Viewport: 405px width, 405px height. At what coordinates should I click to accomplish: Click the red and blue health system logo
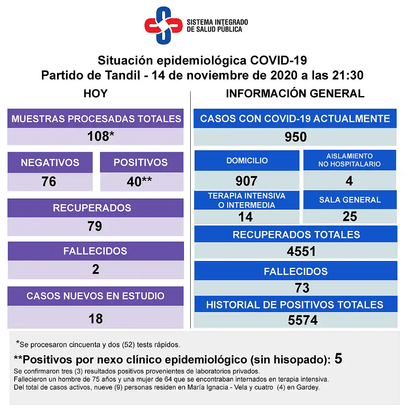tap(163, 25)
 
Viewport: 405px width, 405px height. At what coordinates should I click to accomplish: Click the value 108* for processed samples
tap(100, 136)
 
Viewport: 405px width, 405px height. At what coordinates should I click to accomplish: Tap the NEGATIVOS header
tap(50, 163)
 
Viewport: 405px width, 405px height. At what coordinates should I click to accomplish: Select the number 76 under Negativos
tap(49, 182)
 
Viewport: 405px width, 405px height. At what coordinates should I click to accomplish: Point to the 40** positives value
tap(139, 182)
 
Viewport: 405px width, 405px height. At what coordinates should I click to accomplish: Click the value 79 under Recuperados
tap(95, 226)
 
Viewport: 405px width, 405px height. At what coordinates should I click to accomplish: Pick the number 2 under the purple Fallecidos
tap(96, 269)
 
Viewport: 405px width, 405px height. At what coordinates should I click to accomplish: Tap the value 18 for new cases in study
tap(96, 318)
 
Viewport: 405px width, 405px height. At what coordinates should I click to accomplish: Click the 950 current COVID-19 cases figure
tap(295, 137)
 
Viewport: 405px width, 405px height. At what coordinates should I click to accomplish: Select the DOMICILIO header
tap(247, 161)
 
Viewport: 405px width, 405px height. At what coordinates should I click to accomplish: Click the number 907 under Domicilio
tap(246, 181)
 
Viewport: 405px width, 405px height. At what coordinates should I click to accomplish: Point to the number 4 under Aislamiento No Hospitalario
tap(349, 181)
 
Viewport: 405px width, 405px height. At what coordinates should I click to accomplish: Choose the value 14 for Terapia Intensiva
tap(245, 217)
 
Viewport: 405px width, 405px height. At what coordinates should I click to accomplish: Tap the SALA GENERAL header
tap(350, 200)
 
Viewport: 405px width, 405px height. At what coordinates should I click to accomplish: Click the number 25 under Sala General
tap(350, 216)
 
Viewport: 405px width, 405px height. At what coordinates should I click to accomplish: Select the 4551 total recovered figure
tap(301, 252)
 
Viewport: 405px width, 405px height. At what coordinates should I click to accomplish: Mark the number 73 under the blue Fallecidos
tap(302, 288)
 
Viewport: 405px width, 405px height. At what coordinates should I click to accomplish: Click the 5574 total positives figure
tap(303, 320)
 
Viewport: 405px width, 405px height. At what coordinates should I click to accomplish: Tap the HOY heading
tap(95, 94)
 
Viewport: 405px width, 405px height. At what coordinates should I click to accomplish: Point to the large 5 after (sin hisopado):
tap(338, 359)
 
